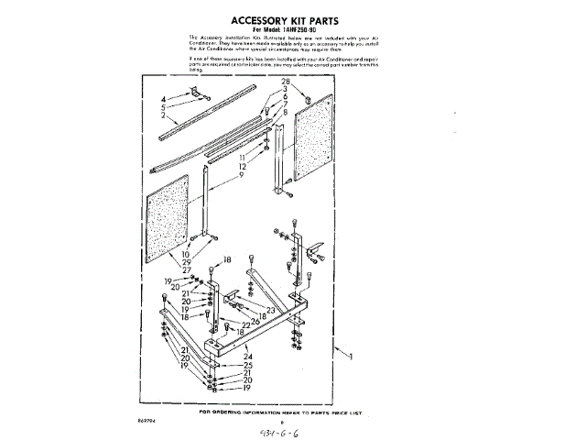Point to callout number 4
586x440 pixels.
coord(165,97)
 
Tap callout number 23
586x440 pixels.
coord(271,311)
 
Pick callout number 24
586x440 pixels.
coord(247,356)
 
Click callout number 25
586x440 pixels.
coord(247,365)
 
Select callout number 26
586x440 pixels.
coord(255,321)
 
